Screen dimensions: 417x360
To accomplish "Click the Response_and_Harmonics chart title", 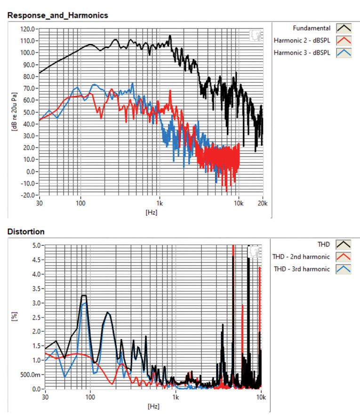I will click(x=58, y=16).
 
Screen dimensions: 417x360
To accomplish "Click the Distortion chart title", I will click(x=26, y=232).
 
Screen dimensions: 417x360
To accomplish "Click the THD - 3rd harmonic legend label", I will click(x=301, y=269).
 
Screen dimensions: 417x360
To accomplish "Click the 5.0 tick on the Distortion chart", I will click(x=35, y=245).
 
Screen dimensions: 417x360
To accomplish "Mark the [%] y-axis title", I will click(x=14, y=317).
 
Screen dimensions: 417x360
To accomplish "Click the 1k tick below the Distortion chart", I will click(x=175, y=397).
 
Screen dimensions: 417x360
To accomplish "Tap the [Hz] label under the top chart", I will click(x=151, y=212).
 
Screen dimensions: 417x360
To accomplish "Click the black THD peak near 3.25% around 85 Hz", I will click(x=84, y=296).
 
